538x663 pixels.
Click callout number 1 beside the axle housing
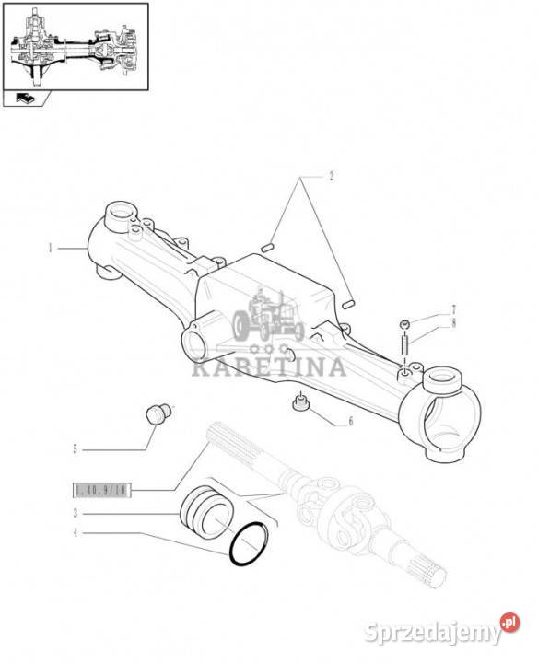(51, 249)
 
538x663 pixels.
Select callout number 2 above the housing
(332, 176)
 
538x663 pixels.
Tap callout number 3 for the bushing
(76, 513)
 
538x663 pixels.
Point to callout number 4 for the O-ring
(76, 532)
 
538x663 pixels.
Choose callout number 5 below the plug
(76, 449)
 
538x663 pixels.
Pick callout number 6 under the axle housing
(350, 422)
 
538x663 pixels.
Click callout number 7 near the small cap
(453, 309)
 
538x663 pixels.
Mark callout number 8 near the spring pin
(453, 323)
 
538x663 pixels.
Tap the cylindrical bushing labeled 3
(207, 513)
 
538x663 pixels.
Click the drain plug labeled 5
(158, 413)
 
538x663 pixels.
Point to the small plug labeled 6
(300, 402)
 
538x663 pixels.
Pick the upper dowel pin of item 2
(268, 248)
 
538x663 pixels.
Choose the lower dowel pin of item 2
(347, 304)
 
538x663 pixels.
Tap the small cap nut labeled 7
(405, 324)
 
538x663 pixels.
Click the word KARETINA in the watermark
(269, 366)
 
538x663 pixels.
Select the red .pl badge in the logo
(509, 622)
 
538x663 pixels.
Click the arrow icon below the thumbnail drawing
(26, 99)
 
